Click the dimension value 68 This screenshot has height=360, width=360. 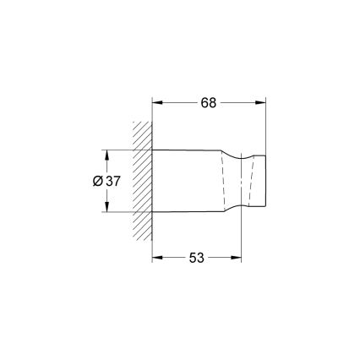(x=209, y=102)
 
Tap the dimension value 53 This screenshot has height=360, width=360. (x=196, y=257)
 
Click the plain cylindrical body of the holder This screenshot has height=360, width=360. (x=188, y=181)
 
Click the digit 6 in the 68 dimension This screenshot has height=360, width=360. (x=205, y=102)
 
